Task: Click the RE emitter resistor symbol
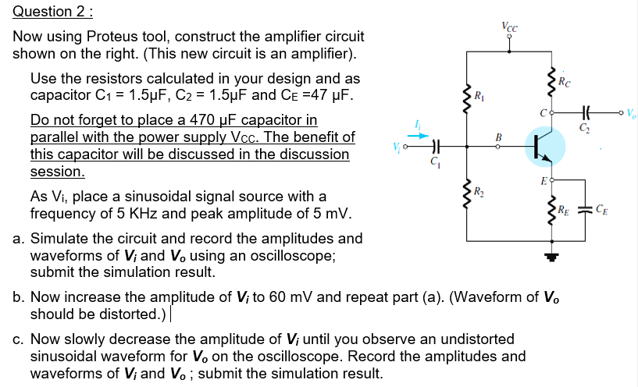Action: click(x=554, y=208)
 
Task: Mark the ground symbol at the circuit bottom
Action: click(x=554, y=256)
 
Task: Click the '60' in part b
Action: click(x=295, y=297)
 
